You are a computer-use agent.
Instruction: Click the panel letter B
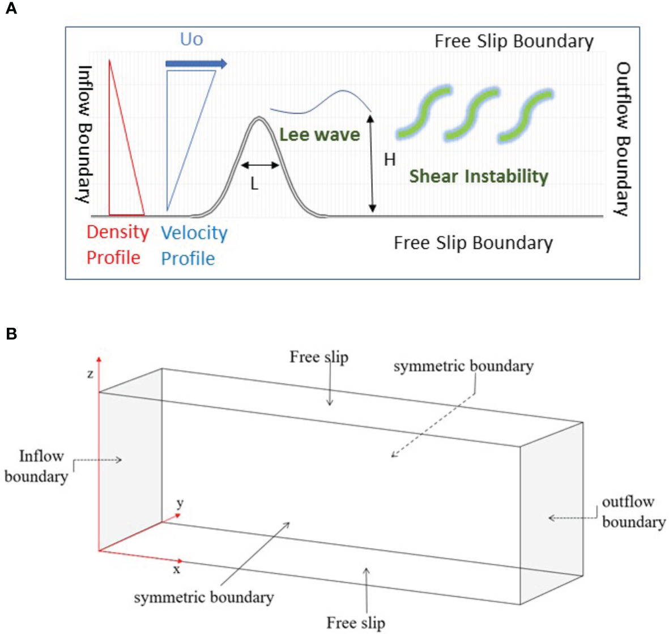(11, 333)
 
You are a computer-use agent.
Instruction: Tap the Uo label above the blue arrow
(191, 39)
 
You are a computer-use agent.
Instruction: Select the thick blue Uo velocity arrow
(196, 64)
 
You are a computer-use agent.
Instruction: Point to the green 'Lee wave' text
(319, 135)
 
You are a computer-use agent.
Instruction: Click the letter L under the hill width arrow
(254, 184)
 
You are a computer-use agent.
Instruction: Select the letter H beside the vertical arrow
(390, 160)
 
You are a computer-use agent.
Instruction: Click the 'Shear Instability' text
(479, 176)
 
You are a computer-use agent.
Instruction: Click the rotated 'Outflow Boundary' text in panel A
(623, 139)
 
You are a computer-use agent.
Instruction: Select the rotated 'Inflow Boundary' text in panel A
(84, 134)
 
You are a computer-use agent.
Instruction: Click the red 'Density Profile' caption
(117, 245)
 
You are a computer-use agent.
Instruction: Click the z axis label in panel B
(90, 374)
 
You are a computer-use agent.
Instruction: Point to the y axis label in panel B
(180, 503)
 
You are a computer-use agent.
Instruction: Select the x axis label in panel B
(177, 569)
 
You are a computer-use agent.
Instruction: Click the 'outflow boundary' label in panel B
(633, 512)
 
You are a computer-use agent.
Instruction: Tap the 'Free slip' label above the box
(319, 357)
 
